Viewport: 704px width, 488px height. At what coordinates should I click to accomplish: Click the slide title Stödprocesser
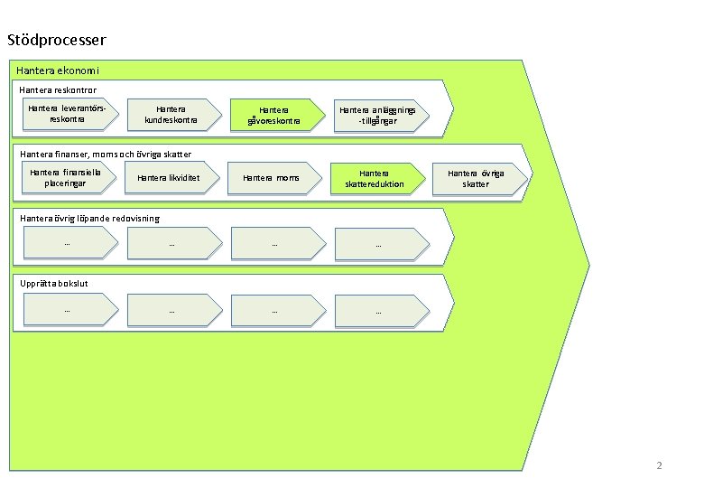coord(56,40)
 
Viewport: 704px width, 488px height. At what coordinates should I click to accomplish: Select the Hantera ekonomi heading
coord(58,70)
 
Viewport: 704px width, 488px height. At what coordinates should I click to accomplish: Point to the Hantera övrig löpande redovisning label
coord(89,218)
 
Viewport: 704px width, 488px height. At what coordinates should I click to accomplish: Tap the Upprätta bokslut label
coord(54,283)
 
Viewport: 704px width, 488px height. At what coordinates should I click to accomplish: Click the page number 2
coord(659,466)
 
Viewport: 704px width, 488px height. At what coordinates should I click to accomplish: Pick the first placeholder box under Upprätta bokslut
coord(69,310)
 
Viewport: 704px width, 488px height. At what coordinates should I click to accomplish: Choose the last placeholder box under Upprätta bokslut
coord(377,310)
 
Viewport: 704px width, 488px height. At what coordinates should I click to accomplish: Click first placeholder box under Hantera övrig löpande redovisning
coord(69,243)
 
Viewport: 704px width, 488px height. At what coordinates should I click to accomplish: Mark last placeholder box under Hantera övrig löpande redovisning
coord(377,243)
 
